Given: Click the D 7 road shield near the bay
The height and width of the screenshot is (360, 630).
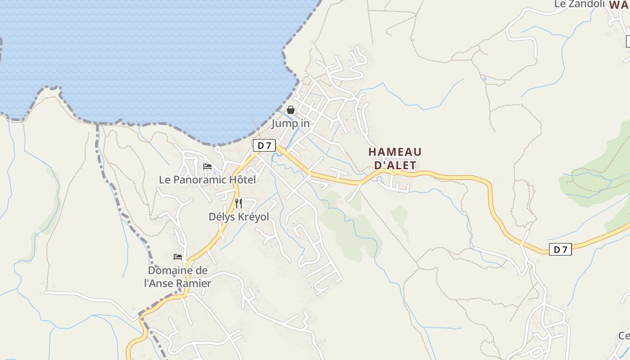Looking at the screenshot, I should (264, 145).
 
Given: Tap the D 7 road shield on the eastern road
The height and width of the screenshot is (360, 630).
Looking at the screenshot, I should (560, 249).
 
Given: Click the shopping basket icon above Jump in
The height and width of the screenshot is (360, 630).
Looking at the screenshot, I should (291, 110).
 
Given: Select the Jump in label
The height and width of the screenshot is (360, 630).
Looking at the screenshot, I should (290, 123).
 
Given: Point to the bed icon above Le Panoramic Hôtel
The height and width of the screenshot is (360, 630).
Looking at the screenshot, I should (207, 166).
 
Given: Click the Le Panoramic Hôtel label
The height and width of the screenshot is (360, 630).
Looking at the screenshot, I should (207, 180).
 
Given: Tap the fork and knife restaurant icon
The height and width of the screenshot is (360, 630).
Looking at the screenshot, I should (238, 203).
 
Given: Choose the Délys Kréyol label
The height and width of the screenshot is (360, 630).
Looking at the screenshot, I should (238, 217).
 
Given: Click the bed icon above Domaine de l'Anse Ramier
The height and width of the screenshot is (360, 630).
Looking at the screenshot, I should (178, 257).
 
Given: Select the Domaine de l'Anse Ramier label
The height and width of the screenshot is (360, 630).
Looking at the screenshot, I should (178, 277).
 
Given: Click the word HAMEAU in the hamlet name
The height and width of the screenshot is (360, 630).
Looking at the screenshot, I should (395, 152).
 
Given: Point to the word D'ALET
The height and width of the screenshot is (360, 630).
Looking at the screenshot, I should (396, 165).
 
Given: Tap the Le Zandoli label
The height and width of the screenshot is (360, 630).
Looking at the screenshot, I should (580, 4).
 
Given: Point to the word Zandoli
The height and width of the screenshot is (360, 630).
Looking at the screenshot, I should (587, 4).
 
